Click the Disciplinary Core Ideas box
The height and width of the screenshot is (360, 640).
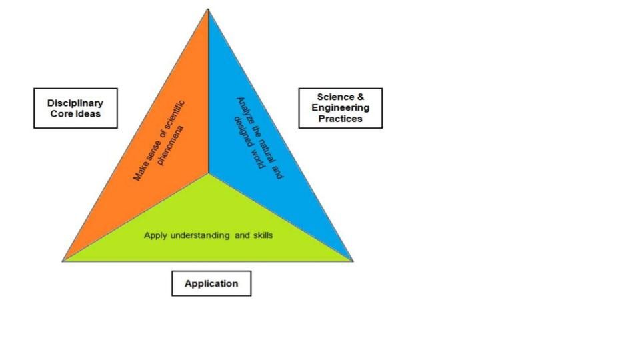[x=75, y=108]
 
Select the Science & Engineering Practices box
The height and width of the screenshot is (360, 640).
[x=340, y=108]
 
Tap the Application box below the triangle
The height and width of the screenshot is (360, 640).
[x=211, y=283]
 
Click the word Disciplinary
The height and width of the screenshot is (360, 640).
[x=75, y=103]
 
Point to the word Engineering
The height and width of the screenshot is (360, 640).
[x=340, y=107]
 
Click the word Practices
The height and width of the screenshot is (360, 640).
[x=340, y=119]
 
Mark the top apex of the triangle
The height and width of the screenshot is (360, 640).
[x=208, y=9]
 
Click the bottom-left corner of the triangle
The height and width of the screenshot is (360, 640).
[x=63, y=260]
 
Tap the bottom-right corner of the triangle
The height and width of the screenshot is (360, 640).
[x=352, y=260]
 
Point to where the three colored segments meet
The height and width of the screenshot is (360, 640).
[x=208, y=173]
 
